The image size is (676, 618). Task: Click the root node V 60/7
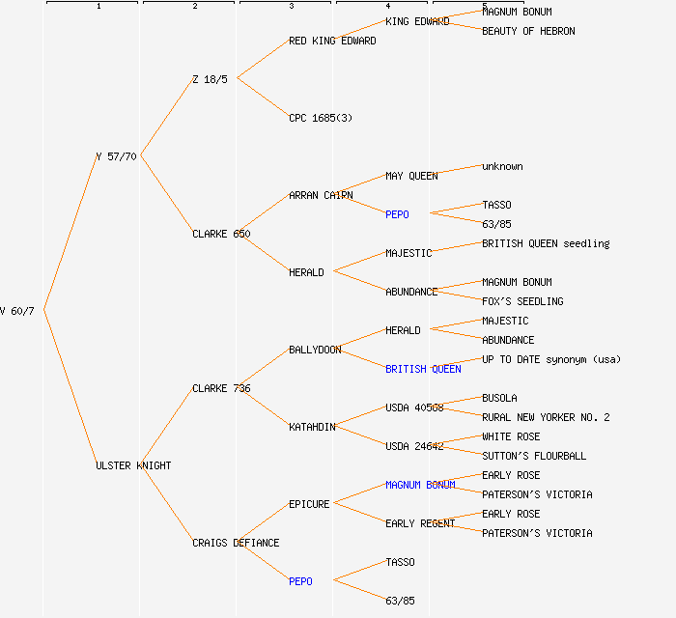tap(17, 311)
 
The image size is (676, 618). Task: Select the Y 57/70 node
tap(116, 156)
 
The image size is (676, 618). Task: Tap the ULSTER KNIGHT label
tap(133, 465)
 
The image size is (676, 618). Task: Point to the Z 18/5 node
tap(210, 79)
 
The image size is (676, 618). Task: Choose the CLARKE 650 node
tap(221, 234)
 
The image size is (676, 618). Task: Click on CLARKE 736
tap(221, 388)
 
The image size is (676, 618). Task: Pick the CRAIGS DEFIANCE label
tap(236, 543)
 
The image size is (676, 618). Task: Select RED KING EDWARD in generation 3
tap(332, 41)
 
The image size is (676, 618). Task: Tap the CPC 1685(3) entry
tap(321, 118)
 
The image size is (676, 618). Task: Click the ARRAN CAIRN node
tap(321, 195)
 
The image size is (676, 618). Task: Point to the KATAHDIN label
tap(312, 427)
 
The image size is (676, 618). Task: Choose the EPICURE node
tap(309, 504)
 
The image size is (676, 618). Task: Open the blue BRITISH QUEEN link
tap(423, 369)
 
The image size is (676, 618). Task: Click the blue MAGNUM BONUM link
tap(420, 485)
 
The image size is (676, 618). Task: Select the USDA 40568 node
tap(414, 407)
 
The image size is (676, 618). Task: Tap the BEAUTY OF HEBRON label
tap(528, 31)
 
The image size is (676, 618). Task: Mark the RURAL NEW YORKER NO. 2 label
tap(546, 417)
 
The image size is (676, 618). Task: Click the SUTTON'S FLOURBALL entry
tap(534, 456)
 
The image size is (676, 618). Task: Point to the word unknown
tap(502, 166)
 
